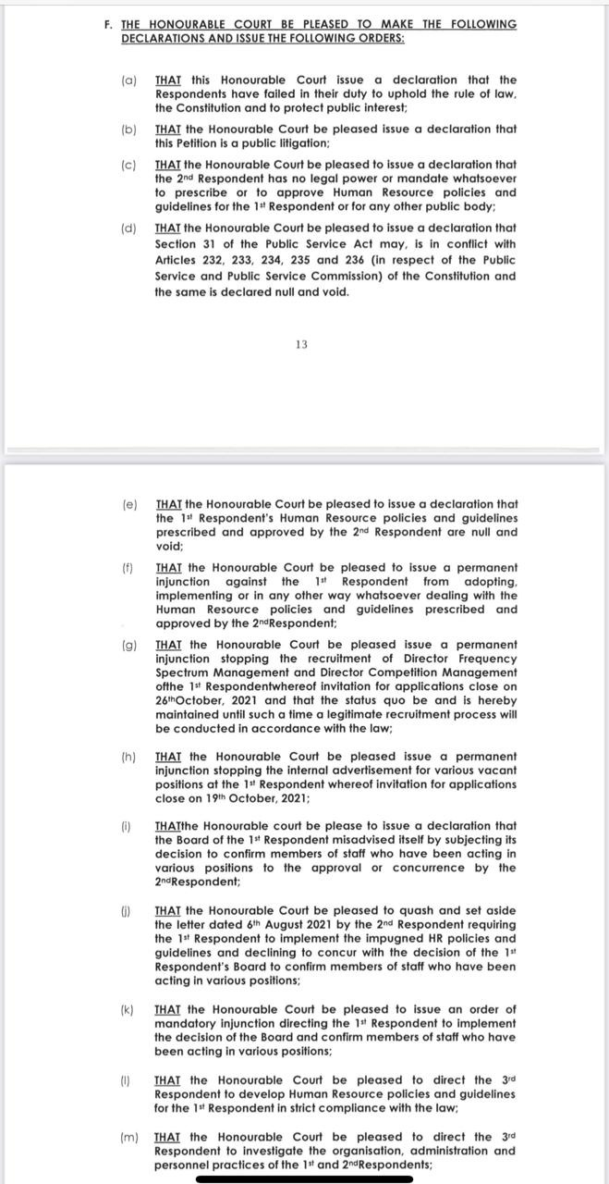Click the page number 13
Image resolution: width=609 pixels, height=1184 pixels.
pos(301,345)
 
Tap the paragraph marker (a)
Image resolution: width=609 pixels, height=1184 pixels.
pos(129,80)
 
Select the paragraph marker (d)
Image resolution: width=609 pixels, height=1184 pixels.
pos(129,228)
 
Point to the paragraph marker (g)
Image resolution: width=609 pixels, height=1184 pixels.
pos(129,644)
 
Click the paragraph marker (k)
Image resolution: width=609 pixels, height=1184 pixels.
pos(129,1009)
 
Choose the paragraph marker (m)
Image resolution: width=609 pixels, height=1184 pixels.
pos(129,1137)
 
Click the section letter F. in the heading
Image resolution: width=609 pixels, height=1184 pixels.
pos(109,25)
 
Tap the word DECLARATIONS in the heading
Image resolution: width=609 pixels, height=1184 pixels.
pos(163,39)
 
